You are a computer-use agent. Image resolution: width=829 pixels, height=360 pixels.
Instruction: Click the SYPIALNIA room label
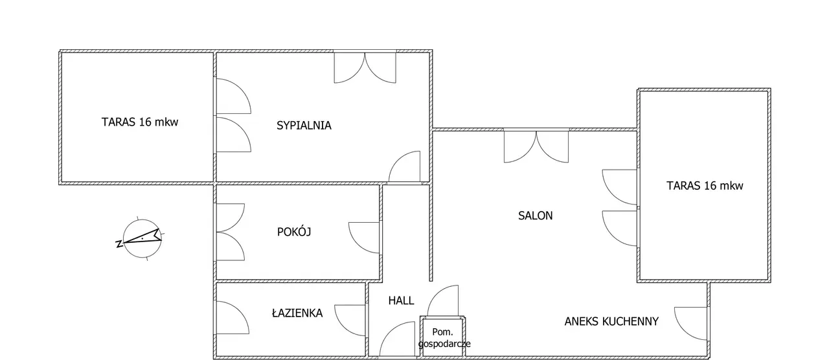click(304, 126)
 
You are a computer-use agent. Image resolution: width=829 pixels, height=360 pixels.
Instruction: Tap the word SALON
click(535, 216)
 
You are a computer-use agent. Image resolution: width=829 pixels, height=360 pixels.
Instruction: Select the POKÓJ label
click(294, 232)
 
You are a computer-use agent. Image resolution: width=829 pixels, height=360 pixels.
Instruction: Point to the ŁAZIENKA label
click(297, 313)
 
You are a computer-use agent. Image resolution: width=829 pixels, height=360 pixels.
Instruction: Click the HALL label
click(401, 300)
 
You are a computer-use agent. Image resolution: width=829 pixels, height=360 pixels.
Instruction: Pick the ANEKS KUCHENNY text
click(611, 321)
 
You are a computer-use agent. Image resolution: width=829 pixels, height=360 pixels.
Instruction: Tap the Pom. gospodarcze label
click(444, 337)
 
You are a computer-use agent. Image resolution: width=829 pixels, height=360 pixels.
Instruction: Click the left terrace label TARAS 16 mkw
click(140, 122)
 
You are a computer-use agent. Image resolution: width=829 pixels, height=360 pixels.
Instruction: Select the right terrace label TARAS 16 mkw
click(705, 185)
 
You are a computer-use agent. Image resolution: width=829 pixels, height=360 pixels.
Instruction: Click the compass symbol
click(142, 239)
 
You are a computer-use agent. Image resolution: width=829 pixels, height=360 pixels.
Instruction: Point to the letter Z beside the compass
click(119, 244)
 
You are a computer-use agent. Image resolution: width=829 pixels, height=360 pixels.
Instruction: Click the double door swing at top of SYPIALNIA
click(365, 68)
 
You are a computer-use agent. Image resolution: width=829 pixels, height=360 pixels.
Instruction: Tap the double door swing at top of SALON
click(536, 147)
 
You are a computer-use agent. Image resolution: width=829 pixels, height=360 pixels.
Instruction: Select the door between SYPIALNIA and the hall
click(404, 166)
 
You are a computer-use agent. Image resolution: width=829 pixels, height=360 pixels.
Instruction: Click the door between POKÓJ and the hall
click(364, 238)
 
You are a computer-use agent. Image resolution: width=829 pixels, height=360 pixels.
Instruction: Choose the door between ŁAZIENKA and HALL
click(350, 321)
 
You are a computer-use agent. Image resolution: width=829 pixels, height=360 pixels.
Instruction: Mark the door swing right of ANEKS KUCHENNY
click(690, 323)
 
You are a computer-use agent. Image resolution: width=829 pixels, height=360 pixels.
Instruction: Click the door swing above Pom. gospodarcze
click(443, 300)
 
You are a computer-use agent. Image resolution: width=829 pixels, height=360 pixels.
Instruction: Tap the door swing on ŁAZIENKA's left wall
click(233, 317)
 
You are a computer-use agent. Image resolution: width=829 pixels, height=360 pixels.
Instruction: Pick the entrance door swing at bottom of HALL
click(397, 339)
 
